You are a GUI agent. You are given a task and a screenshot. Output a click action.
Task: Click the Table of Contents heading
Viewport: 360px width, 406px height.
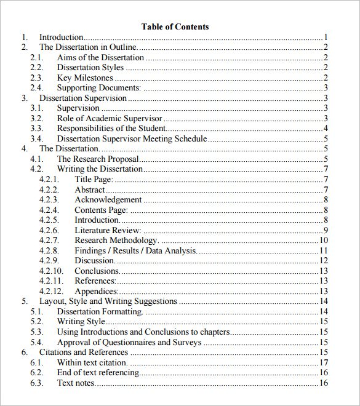tap(175, 26)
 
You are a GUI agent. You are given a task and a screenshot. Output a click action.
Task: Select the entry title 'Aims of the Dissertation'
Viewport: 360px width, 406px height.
tap(100, 57)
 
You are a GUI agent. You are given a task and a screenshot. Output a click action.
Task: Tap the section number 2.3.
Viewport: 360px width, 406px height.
tap(37, 78)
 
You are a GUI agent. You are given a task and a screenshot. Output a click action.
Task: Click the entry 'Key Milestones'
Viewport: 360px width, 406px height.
tap(85, 78)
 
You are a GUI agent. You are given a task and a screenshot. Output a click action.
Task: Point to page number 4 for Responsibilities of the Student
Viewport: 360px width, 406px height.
tap(325, 129)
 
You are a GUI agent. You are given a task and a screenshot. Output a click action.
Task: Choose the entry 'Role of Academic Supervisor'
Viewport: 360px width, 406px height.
tap(110, 118)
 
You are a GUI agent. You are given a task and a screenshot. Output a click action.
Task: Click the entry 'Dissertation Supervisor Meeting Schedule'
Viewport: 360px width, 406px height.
tap(132, 138)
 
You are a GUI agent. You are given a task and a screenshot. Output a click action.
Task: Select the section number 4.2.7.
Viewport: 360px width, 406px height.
tap(49, 240)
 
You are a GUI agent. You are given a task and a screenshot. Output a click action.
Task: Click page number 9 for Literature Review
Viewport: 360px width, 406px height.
tap(325, 230)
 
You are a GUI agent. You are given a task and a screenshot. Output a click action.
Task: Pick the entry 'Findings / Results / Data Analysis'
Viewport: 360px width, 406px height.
tap(135, 250)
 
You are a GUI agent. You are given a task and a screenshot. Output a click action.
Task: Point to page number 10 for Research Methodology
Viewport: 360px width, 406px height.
tap(323, 240)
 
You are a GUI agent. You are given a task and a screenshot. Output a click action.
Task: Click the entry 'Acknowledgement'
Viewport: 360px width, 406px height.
tap(108, 199)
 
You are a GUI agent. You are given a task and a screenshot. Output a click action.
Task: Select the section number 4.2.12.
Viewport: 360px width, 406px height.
tap(51, 291)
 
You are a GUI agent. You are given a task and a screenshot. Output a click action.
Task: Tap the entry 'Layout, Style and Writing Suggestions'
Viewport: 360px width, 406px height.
tap(108, 301)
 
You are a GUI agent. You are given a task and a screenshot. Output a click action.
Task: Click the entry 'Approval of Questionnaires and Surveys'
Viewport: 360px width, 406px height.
tap(129, 342)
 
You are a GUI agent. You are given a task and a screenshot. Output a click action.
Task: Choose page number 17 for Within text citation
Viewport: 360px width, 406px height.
tap(323, 362)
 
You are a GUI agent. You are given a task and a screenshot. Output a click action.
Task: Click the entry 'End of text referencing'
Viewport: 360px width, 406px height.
tap(98, 373)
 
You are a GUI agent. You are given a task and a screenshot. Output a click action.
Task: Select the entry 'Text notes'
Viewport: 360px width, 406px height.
tap(76, 383)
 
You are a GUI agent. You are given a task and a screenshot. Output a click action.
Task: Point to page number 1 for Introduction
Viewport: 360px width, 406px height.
tap(325, 37)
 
